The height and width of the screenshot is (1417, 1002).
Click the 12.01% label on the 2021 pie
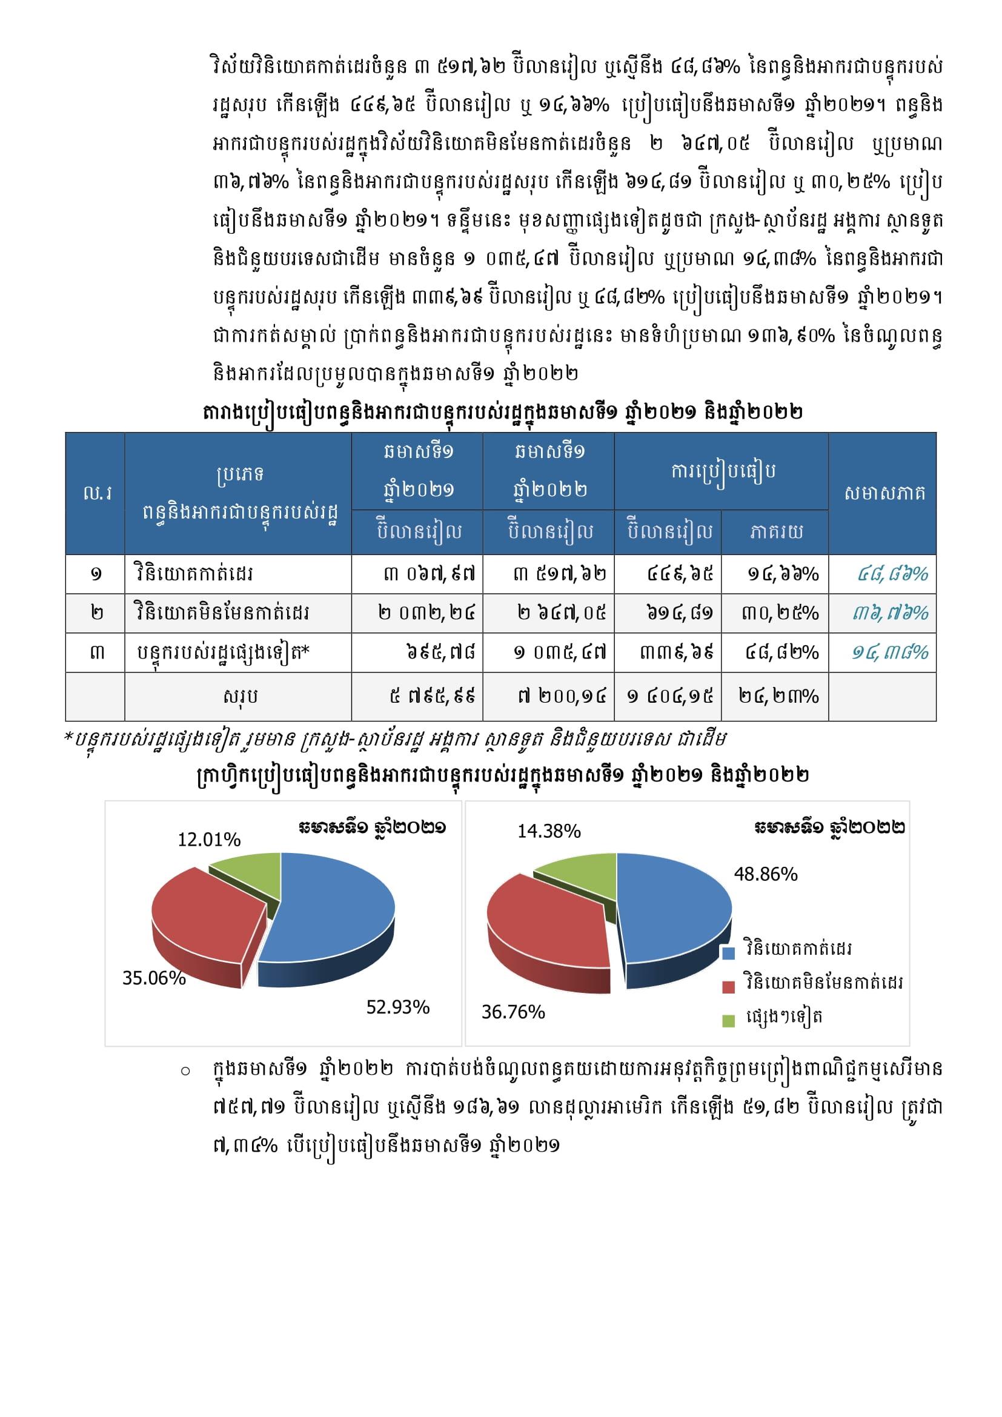pos(209,839)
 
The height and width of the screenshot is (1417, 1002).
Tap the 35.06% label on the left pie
pos(154,978)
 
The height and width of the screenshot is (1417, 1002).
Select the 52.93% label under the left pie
pos(398,1007)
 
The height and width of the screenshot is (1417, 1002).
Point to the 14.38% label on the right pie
pos(549,831)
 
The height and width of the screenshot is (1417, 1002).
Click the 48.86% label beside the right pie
pos(766,874)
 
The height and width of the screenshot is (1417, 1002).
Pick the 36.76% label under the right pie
pos(513,1012)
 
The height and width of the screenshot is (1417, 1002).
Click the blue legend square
pos(729,952)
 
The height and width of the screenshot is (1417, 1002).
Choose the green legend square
pos(729,1021)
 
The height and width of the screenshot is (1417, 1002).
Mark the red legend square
pos(729,986)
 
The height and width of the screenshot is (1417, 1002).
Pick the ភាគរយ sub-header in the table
pos(776,532)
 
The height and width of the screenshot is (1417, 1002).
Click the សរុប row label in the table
pos(240,696)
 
